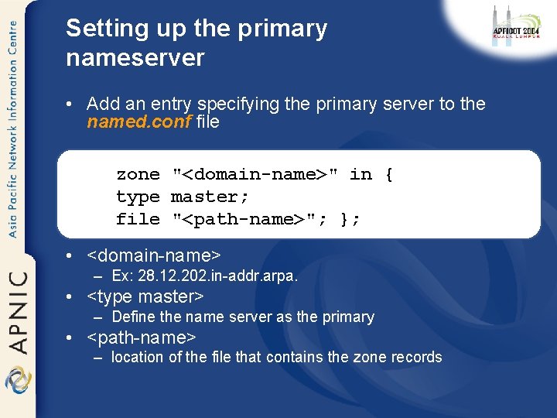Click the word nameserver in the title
(x=135, y=57)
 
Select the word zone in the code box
(x=138, y=174)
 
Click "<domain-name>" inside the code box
(x=255, y=174)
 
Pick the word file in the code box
(x=138, y=219)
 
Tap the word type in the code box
(x=138, y=197)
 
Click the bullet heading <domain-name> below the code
(x=154, y=255)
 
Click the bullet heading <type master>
(x=145, y=296)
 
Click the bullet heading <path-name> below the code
(x=142, y=337)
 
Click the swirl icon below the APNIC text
(x=17, y=381)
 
